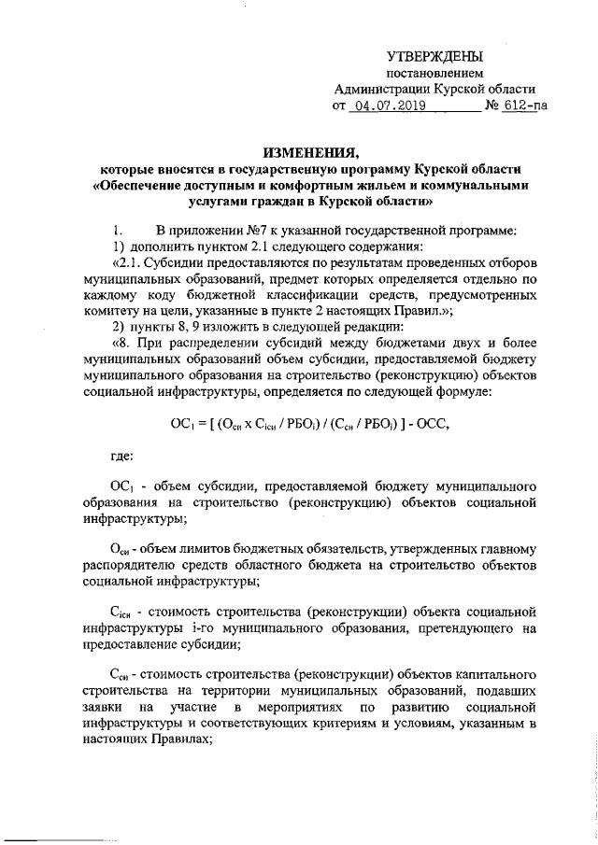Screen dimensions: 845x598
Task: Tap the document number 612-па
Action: tap(526, 106)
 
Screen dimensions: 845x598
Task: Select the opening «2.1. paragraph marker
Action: tap(127, 262)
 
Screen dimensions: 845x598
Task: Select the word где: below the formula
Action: tap(122, 455)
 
